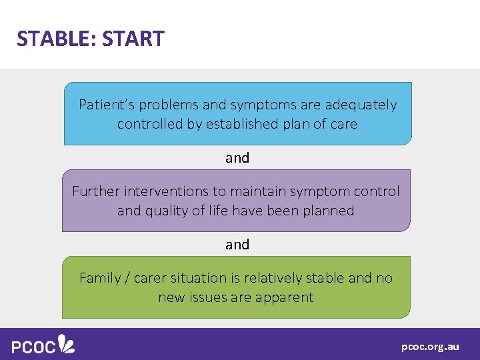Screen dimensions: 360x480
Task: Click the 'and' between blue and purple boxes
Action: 237,158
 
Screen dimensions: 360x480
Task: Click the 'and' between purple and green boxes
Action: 237,245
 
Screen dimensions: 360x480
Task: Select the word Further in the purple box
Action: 94,191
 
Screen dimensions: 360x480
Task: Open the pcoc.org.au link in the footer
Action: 430,347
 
